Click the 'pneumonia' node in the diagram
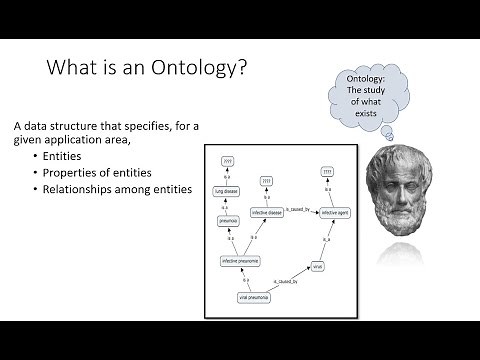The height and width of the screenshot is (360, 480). pos(229,220)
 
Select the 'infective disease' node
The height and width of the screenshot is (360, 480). pos(267,212)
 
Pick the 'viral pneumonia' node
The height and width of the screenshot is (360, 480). pos(255,297)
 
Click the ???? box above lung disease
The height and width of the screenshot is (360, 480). pos(227,160)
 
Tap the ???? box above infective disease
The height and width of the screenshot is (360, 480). pos(267,181)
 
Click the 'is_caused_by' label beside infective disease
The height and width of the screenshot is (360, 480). pos(297,208)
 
